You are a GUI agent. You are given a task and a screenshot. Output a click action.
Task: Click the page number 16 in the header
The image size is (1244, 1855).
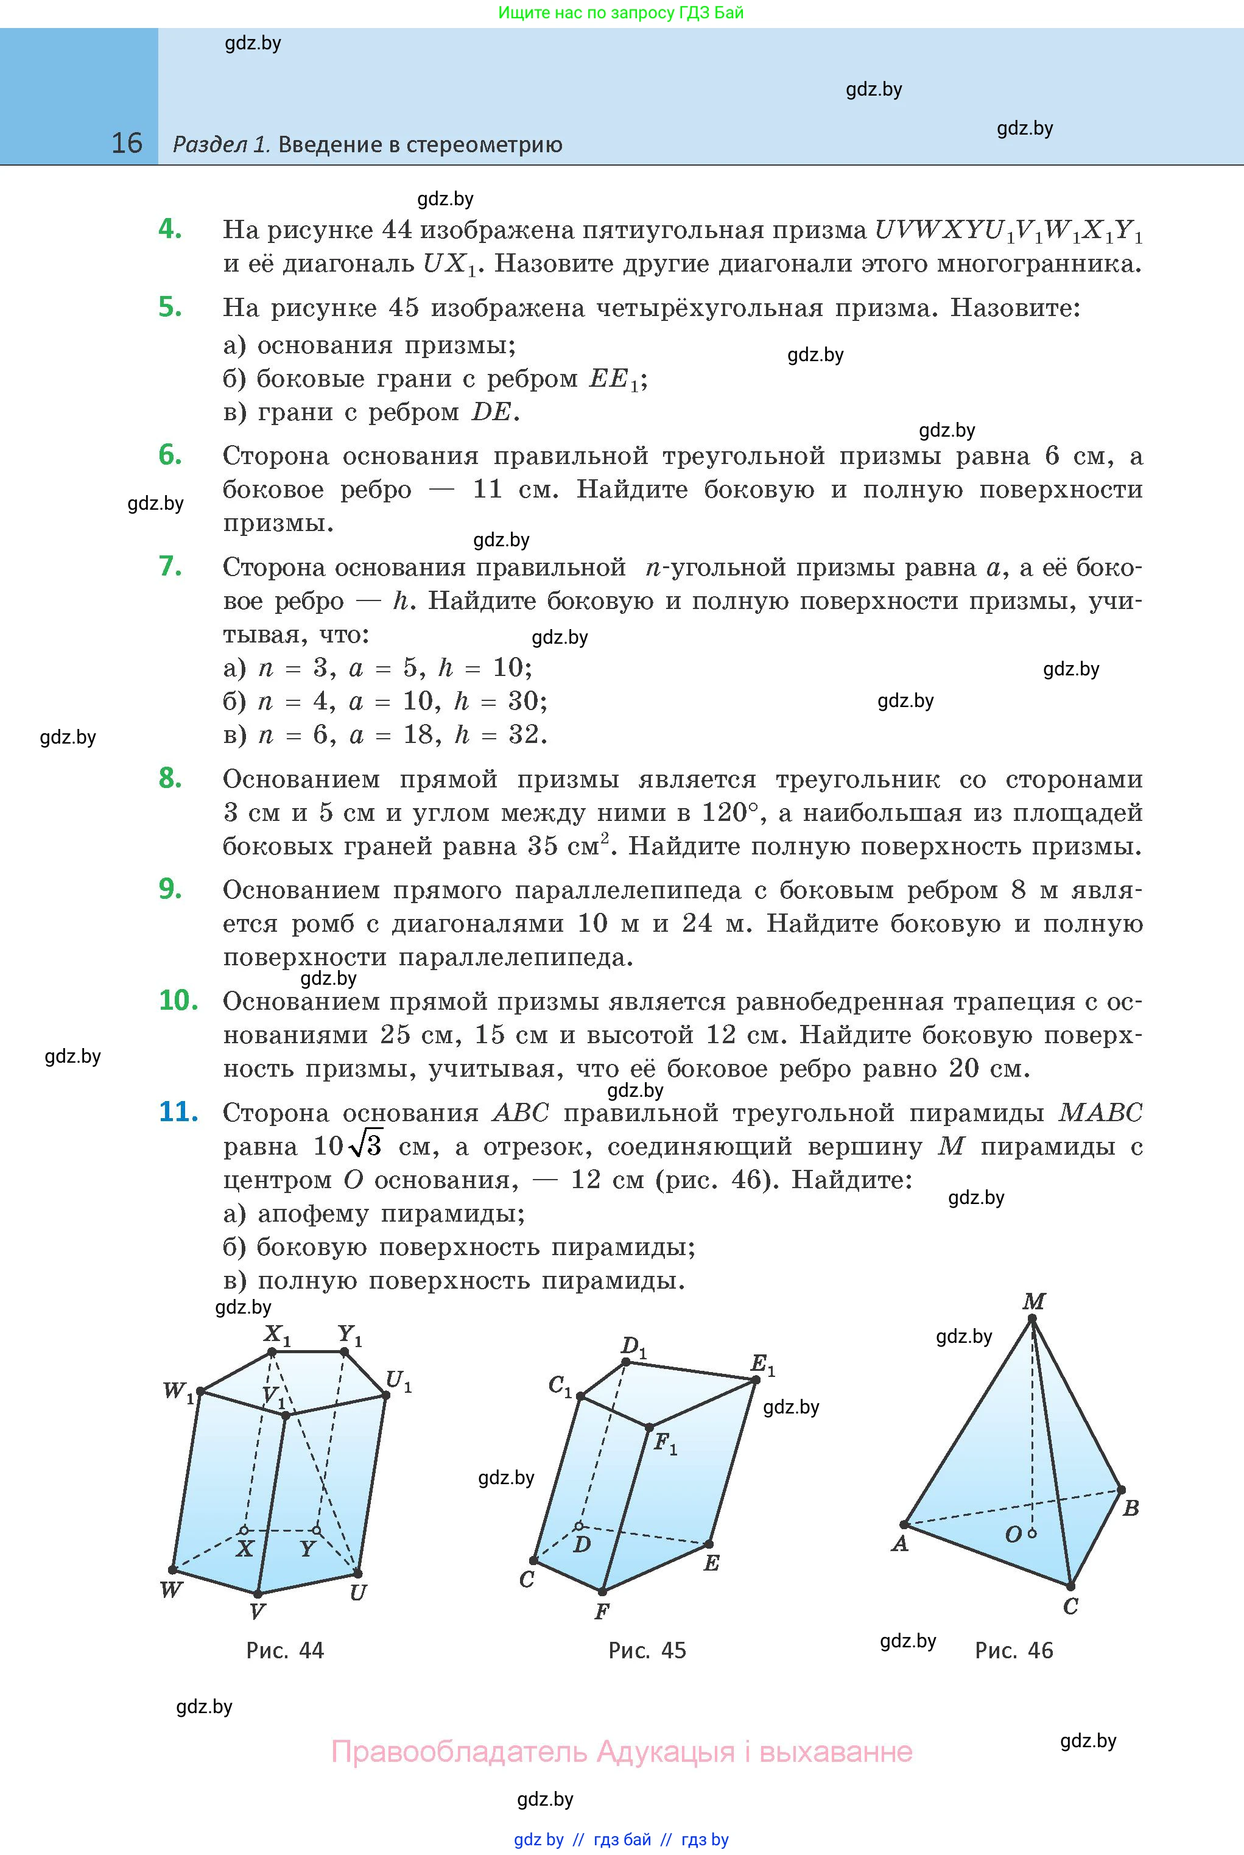pyautogui.click(x=127, y=143)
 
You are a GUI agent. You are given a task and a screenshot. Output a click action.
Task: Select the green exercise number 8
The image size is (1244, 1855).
pyautogui.click(x=170, y=778)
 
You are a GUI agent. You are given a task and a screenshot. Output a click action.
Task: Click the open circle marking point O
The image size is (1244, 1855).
pyautogui.click(x=1032, y=1533)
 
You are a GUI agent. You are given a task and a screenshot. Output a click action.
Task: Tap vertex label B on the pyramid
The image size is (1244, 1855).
pyautogui.click(x=1131, y=1508)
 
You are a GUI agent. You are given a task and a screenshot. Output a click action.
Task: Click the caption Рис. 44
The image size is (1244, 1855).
pyautogui.click(x=285, y=1650)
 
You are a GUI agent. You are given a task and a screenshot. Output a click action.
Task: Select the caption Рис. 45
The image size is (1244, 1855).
pyautogui.click(x=647, y=1650)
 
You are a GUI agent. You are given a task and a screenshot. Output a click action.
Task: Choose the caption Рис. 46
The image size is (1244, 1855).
pyautogui.click(x=1014, y=1650)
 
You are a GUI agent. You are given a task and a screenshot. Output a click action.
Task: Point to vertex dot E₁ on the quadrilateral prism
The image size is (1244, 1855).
pyautogui.click(x=755, y=1381)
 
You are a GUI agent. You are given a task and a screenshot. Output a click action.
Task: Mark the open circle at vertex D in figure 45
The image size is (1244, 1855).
pyautogui.click(x=579, y=1526)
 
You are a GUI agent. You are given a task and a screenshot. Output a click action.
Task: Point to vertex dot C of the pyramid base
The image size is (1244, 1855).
pyautogui.click(x=1070, y=1586)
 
